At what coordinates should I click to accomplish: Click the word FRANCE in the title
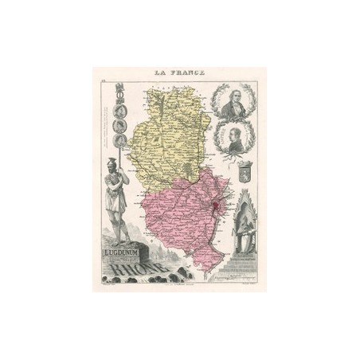click(190, 72)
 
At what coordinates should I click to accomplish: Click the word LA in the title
click(162, 72)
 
